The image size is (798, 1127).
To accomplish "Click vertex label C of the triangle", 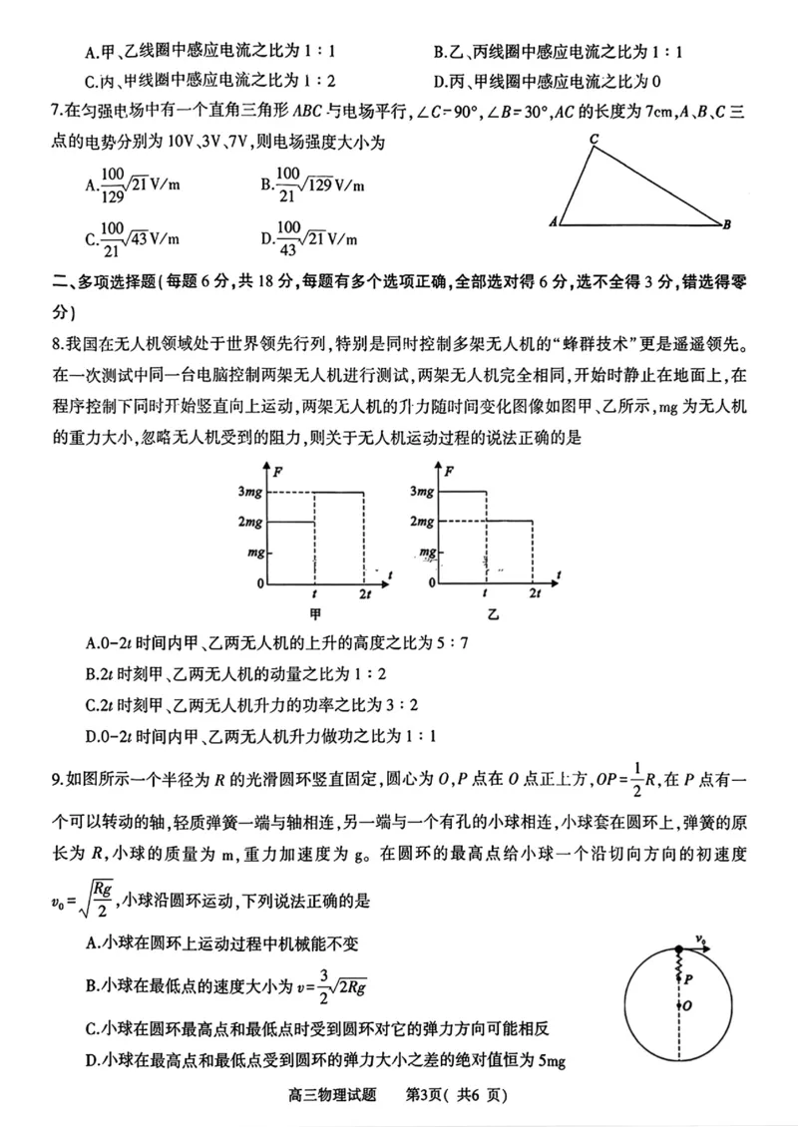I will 593,140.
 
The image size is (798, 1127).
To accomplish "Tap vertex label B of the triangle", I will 728,224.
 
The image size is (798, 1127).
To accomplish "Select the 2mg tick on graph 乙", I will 423,522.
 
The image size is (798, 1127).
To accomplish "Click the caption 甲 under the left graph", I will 315,617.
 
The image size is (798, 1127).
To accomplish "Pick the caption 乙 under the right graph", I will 491,617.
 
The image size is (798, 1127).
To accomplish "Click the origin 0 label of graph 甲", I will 259,582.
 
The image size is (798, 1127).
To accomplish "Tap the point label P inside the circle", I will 687,980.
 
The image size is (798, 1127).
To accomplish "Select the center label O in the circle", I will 688,1006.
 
